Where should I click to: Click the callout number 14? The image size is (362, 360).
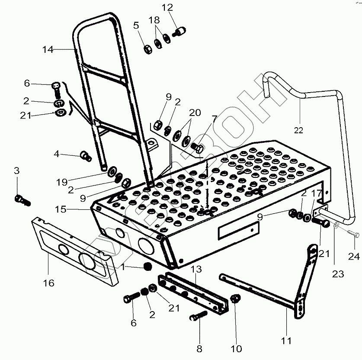(x=48, y=50)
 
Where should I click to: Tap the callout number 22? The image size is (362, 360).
(x=299, y=129)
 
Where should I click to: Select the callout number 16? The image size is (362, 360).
(x=48, y=283)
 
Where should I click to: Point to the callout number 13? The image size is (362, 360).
(x=196, y=270)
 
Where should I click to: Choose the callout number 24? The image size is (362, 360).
(x=354, y=256)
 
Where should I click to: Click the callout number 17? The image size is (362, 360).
(x=318, y=194)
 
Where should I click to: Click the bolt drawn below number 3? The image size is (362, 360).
(x=21, y=199)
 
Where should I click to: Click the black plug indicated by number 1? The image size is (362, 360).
(x=148, y=267)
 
